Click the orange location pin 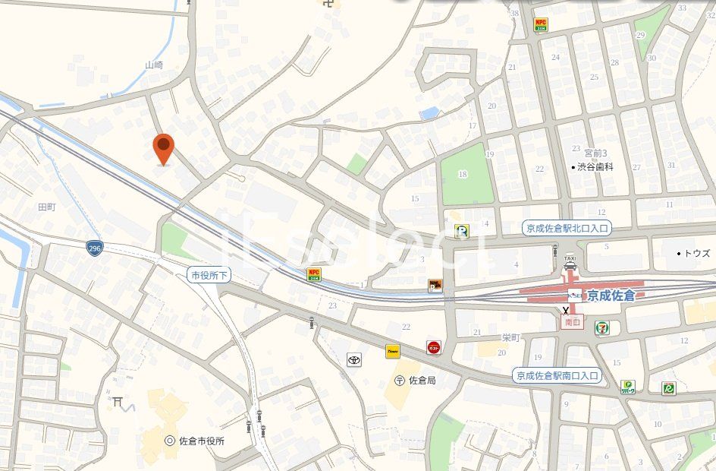(163, 147)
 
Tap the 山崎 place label (154, 65)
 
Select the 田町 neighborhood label (47, 206)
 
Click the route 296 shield (94, 248)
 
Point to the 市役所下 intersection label (209, 275)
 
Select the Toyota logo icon (354, 359)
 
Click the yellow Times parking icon (392, 351)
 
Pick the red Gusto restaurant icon (434, 347)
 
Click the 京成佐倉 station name (611, 295)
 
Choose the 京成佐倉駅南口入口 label (557, 375)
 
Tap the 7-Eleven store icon (603, 327)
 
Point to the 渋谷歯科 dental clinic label (594, 166)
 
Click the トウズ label (694, 253)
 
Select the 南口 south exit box (572, 322)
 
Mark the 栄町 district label (510, 337)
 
